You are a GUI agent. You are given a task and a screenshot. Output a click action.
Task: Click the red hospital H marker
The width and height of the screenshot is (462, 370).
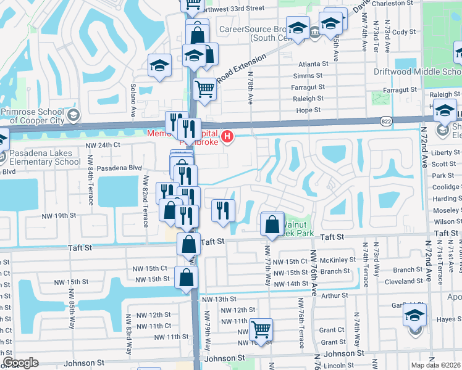pos(227,136)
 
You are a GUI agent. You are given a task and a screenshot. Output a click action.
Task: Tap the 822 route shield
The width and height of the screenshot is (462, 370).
pos(385,121)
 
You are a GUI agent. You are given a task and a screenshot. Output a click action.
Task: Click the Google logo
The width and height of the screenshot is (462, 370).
pos(21,363)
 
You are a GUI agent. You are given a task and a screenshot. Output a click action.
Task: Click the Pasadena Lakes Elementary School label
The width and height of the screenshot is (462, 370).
pos(40,158)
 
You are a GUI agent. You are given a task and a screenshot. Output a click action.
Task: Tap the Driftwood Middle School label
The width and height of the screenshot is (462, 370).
pos(418,72)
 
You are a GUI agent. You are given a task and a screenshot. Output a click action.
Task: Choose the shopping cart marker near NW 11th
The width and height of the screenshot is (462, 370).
pos(261,329)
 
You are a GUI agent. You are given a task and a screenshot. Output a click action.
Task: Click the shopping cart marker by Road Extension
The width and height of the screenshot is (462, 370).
pos(204,89)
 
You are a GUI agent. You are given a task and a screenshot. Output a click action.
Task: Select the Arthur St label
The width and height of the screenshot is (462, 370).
pos(335,296)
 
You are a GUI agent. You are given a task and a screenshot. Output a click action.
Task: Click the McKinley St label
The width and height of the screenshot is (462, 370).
pos(336,260)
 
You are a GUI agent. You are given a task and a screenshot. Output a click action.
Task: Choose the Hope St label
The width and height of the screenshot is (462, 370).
pos(308,110)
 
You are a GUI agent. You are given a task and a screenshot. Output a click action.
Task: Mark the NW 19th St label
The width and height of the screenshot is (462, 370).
pos(59,216)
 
